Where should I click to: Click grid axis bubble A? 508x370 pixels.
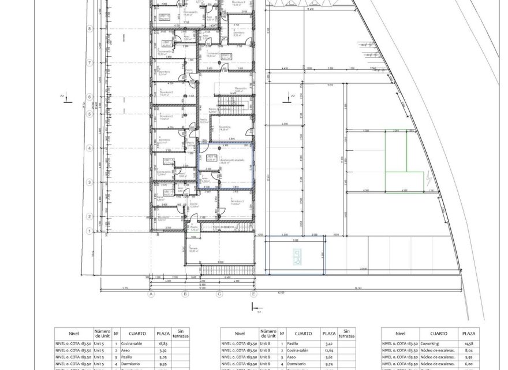[151, 294]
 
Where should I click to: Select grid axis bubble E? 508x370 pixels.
[253, 294]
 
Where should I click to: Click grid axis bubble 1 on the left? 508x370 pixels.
[90, 231]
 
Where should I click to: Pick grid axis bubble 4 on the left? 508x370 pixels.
[90, 148]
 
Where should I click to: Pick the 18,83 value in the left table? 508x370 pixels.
[163, 343]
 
